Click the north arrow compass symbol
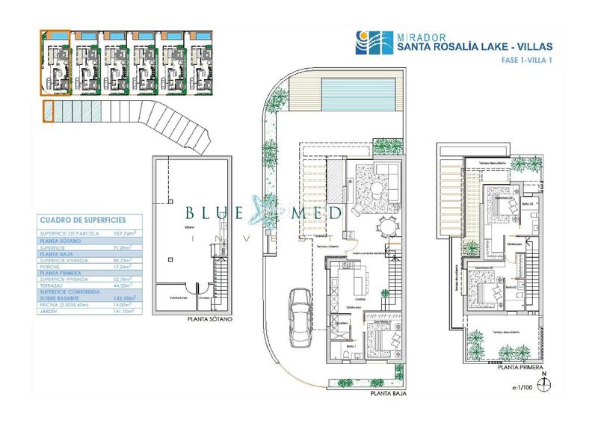coord(545,384)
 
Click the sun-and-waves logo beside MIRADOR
coord(363,38)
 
